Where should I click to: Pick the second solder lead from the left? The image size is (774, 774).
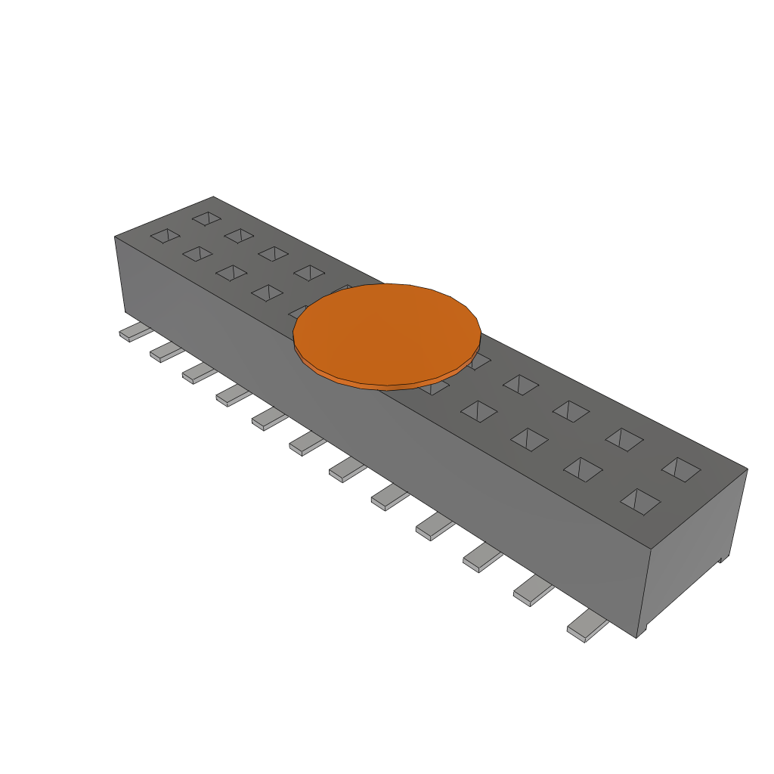pyautogui.click(x=165, y=352)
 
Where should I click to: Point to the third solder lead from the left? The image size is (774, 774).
pyautogui.click(x=198, y=373)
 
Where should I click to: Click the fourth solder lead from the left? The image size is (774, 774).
pyautogui.click(x=232, y=395)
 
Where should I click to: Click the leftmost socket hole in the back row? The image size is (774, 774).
pyautogui.click(x=206, y=218)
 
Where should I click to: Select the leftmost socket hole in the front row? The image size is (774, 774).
pyautogui.click(x=165, y=236)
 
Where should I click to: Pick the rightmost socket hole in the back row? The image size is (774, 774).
pyautogui.click(x=681, y=469)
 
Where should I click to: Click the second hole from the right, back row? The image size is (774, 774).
pyautogui.click(x=624, y=439)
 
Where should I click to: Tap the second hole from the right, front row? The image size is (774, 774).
pyautogui.click(x=583, y=469)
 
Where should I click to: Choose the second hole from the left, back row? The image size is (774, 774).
pyautogui.click(x=239, y=236)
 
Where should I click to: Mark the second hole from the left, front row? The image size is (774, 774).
pyautogui.click(x=198, y=253)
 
